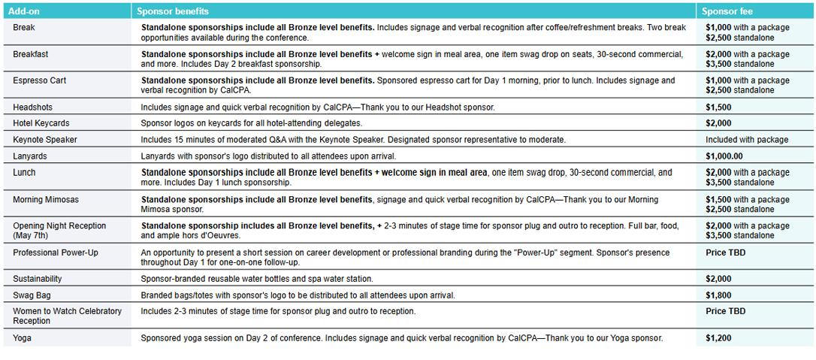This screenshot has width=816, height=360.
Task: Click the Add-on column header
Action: coord(27,11)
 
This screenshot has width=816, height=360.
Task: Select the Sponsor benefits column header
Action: coord(173,11)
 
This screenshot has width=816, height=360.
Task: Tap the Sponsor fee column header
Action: coord(727,11)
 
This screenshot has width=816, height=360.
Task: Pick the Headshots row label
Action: coord(33,107)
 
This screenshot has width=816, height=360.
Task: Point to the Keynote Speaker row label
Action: coord(45,140)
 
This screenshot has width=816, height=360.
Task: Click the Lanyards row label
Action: coord(31,156)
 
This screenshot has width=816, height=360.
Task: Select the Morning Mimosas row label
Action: coord(46,199)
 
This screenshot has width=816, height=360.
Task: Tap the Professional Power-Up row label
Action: coord(56,253)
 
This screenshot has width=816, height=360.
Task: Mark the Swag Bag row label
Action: coord(32,295)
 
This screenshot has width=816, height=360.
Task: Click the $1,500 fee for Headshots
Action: coord(718,107)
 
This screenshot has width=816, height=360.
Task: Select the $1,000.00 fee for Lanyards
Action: coord(724,156)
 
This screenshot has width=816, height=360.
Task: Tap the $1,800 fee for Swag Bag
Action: coord(718,295)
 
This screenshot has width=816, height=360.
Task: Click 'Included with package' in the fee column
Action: coord(747,140)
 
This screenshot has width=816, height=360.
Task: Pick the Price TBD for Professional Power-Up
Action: coord(726,253)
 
